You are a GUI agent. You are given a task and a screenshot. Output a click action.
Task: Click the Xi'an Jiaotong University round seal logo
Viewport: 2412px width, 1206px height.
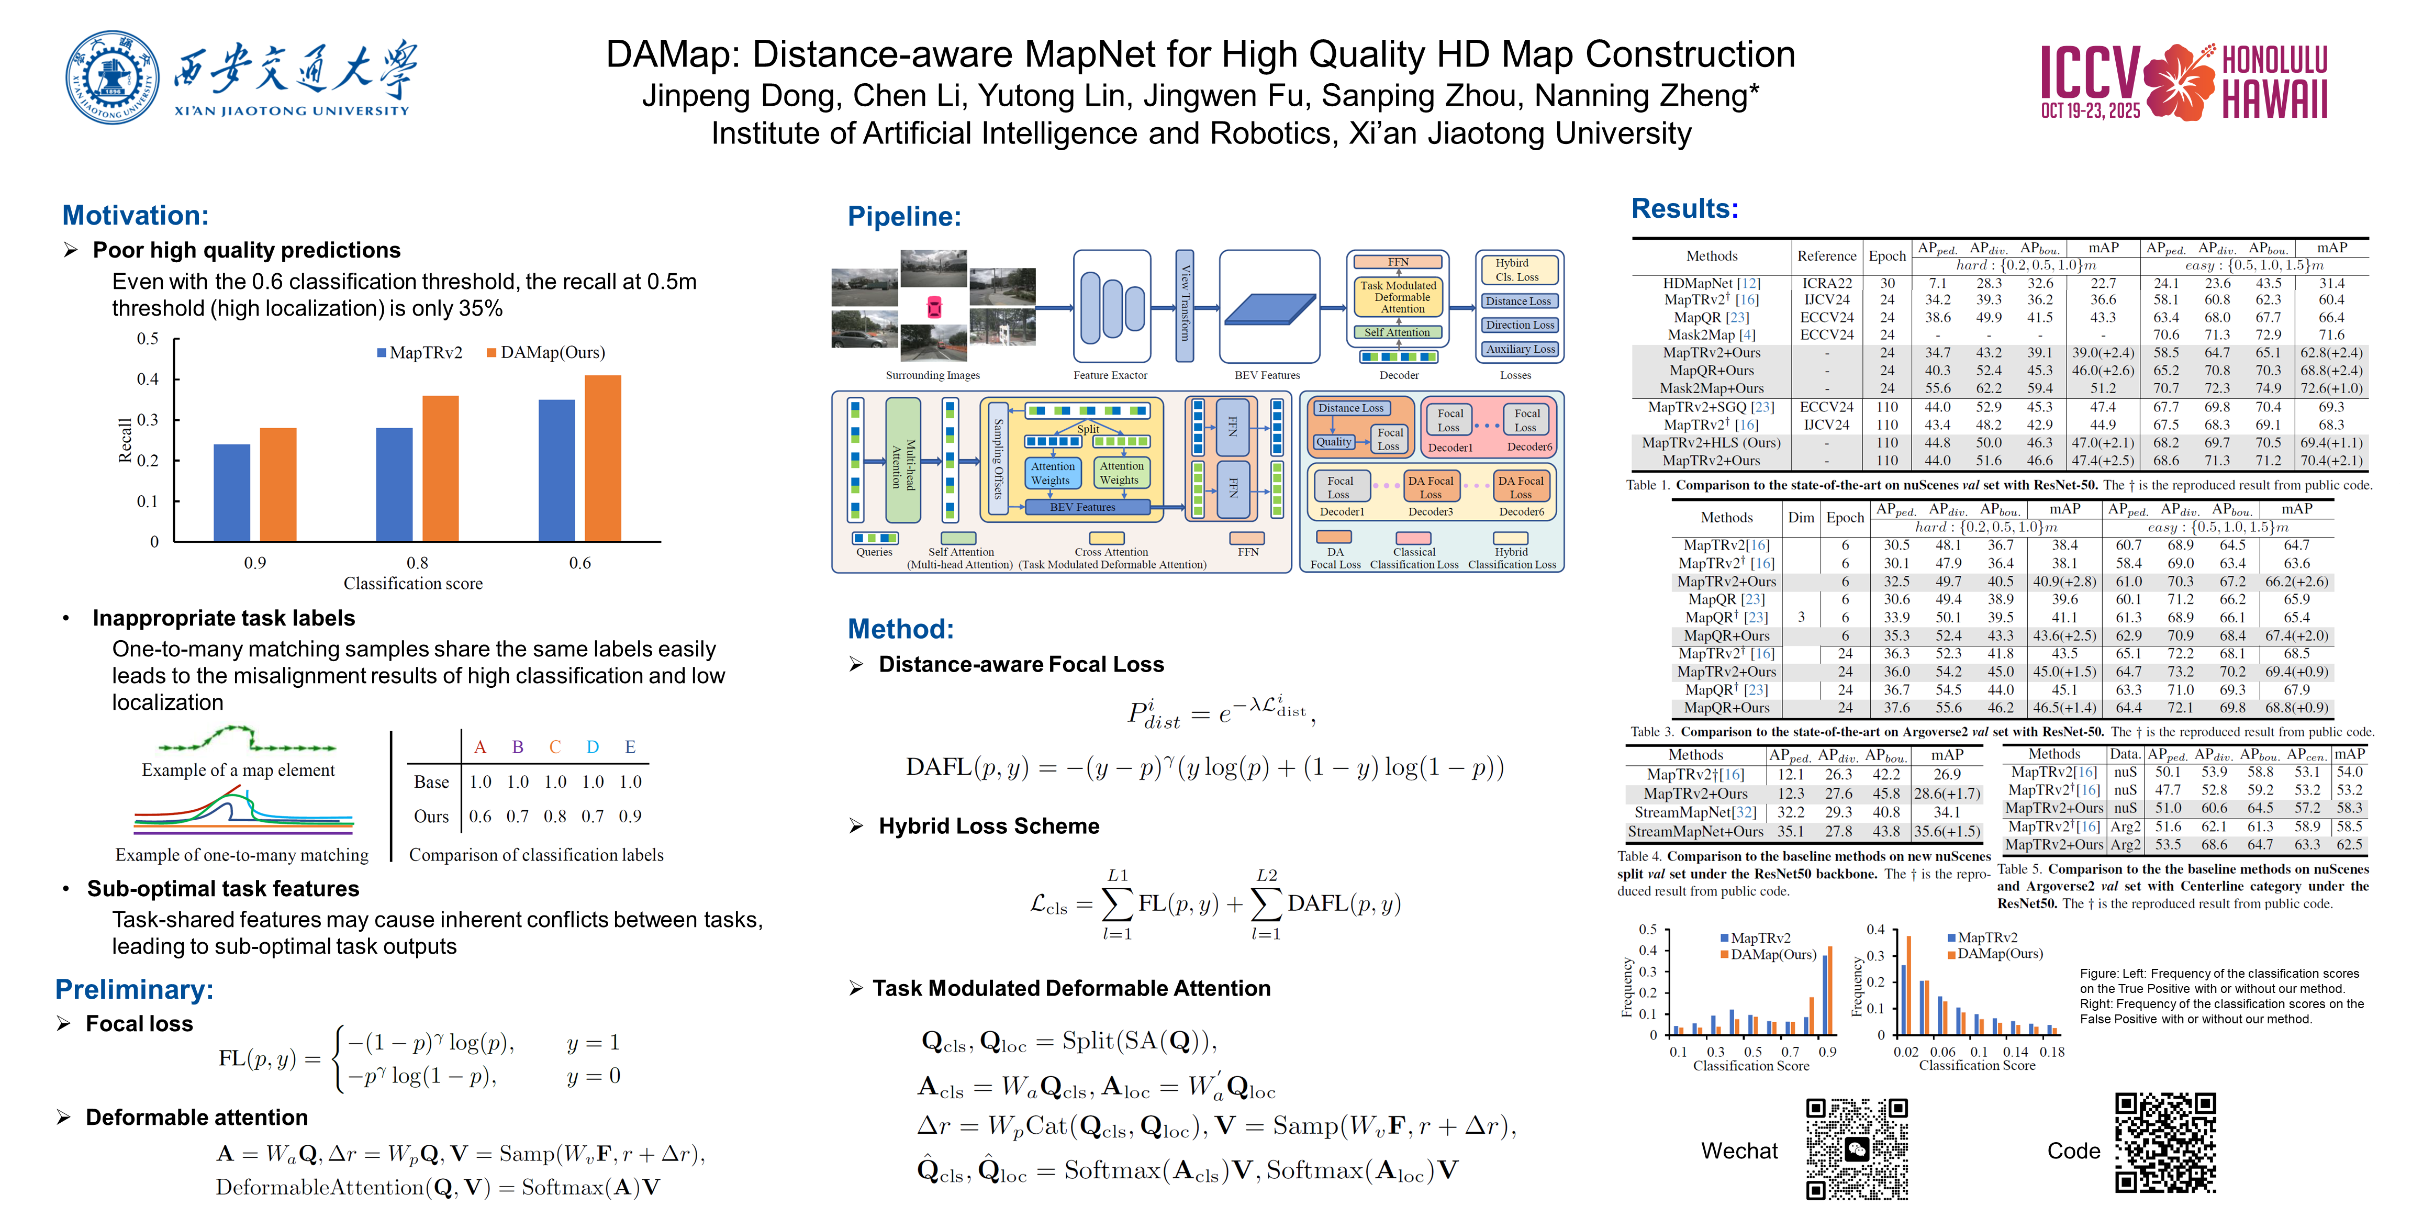pyautogui.click(x=113, y=77)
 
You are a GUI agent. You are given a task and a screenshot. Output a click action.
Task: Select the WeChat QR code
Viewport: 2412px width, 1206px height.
pyautogui.click(x=1857, y=1148)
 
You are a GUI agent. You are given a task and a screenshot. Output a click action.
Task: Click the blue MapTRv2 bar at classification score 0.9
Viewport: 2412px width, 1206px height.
pyautogui.click(x=232, y=493)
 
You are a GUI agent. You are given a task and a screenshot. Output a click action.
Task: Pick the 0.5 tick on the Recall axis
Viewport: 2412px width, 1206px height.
pyautogui.click(x=148, y=339)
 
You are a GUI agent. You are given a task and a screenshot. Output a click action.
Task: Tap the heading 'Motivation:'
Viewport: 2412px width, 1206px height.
pyautogui.click(x=136, y=215)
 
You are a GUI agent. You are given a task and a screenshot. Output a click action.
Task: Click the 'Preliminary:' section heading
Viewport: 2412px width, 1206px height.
pyautogui.click(x=135, y=990)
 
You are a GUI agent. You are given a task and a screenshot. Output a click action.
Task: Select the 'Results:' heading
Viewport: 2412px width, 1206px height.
pyautogui.click(x=1684, y=209)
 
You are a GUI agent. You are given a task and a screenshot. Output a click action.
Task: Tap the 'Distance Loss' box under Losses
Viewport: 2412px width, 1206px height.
pyautogui.click(x=1518, y=301)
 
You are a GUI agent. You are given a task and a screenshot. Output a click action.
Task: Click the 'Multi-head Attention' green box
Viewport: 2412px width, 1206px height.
pyautogui.click(x=902, y=460)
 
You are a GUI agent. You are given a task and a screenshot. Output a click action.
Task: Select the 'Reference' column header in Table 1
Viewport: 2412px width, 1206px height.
pyautogui.click(x=1826, y=255)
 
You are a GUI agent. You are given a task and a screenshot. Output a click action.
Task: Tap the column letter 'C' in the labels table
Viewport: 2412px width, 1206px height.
pyautogui.click(x=555, y=747)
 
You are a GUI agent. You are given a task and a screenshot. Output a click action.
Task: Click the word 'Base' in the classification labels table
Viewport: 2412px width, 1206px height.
pyautogui.click(x=432, y=782)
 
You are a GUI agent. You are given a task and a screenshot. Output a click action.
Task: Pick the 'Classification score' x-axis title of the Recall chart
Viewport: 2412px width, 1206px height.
pyautogui.click(x=413, y=583)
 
